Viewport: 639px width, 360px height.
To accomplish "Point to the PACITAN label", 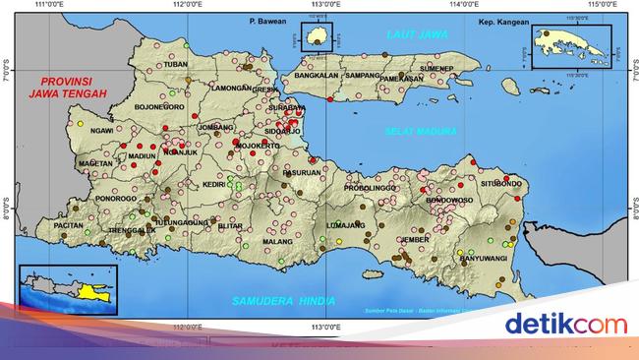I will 69,225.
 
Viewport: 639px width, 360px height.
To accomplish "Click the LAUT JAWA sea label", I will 416,34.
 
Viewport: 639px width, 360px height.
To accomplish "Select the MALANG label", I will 278,241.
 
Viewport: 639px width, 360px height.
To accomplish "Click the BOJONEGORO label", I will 159,106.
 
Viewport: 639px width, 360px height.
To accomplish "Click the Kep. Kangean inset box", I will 570,45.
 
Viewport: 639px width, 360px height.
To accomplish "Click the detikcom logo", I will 564,323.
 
